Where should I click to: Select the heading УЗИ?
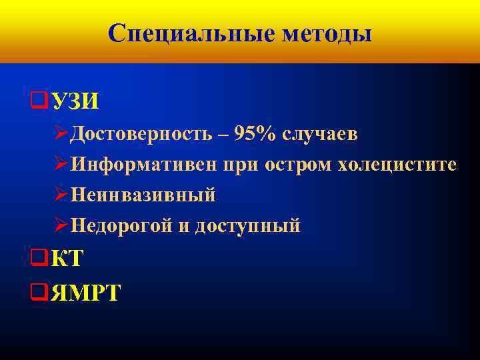pyautogui.click(x=75, y=101)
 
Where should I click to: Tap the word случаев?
pyautogui.click(x=320, y=134)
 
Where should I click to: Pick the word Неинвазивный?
pyautogui.click(x=143, y=195)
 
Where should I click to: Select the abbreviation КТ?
pyautogui.click(x=67, y=259)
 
